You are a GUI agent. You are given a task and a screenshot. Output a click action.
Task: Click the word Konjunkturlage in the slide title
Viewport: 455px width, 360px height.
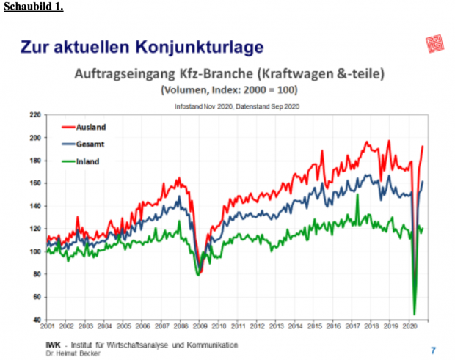pos(197,48)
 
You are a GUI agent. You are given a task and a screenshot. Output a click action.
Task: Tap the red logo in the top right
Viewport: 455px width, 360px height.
pos(434,43)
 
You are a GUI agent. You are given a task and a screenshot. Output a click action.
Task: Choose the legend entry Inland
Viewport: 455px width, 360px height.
pos(87,161)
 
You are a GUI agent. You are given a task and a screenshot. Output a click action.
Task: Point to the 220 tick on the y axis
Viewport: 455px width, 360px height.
pos(34,115)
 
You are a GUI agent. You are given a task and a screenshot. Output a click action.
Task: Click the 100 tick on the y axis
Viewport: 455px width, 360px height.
pos(34,251)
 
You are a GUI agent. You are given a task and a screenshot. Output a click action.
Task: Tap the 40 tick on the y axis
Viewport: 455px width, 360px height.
pos(36,320)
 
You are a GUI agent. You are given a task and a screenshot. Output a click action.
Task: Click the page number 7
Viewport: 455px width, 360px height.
pos(433,350)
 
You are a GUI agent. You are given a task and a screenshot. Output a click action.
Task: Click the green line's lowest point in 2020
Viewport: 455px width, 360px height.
pos(415,314)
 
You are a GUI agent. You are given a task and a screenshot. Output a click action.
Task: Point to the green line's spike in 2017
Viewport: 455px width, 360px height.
pos(357,195)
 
